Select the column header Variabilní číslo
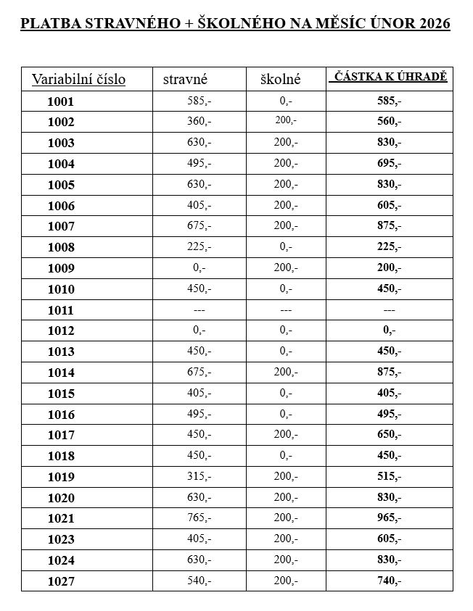point(78,78)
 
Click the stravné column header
point(186,78)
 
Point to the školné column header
point(280,78)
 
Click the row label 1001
point(60,101)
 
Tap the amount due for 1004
point(390,164)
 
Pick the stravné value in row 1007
point(198,226)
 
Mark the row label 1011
point(60,310)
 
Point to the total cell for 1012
point(390,331)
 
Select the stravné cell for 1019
point(198,476)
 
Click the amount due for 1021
point(390,518)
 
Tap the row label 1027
point(60,581)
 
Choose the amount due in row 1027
point(390,581)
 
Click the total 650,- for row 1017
point(390,434)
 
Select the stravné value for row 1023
point(198,539)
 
